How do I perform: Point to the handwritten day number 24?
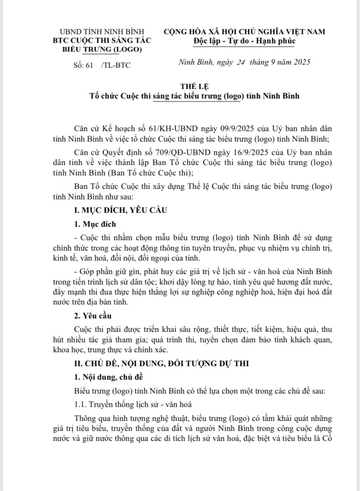click(239, 62)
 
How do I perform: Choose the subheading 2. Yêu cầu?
click(90, 315)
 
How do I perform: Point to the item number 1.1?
click(80, 405)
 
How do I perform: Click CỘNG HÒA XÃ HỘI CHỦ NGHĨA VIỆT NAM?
click(244, 32)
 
